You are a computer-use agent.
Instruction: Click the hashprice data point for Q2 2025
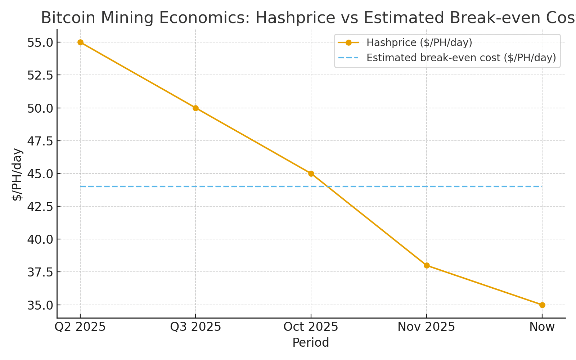point(80,42)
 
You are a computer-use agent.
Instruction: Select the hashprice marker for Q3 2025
point(195,108)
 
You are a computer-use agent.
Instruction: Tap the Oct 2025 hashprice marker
point(311,174)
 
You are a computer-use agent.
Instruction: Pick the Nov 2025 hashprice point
point(427,265)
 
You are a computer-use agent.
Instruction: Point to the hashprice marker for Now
point(542,305)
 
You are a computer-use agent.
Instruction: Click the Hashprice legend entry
point(419,43)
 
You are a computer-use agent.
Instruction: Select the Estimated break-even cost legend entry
point(461,58)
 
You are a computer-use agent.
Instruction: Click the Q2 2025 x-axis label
point(80,327)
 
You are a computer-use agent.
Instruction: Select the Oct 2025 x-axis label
point(311,327)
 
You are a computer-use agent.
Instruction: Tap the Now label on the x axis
point(542,327)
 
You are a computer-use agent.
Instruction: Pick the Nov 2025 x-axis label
point(427,327)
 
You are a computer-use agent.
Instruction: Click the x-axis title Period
point(311,343)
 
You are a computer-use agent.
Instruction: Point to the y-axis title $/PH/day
point(17,174)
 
